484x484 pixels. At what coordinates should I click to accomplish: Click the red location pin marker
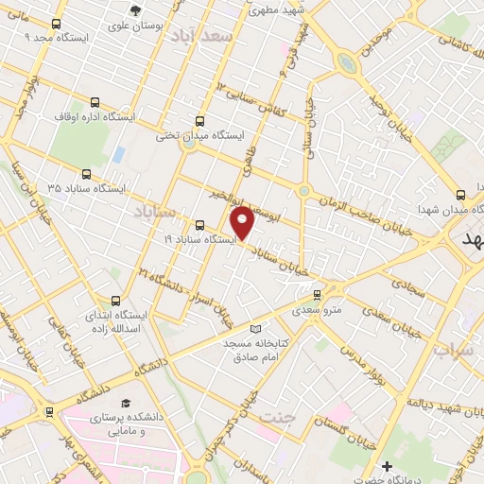click(243, 221)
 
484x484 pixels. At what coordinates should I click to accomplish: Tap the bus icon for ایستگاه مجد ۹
click(57, 25)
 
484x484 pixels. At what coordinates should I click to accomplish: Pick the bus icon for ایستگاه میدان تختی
click(199, 121)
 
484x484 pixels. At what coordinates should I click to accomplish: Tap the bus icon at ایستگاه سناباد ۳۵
click(87, 174)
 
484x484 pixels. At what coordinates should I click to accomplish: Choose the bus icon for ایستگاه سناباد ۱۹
click(199, 225)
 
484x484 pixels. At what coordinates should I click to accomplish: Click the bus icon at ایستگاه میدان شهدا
click(460, 193)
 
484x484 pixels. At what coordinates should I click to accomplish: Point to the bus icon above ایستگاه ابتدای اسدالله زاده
click(115, 299)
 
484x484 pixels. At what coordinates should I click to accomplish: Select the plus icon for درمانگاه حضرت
click(387, 466)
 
